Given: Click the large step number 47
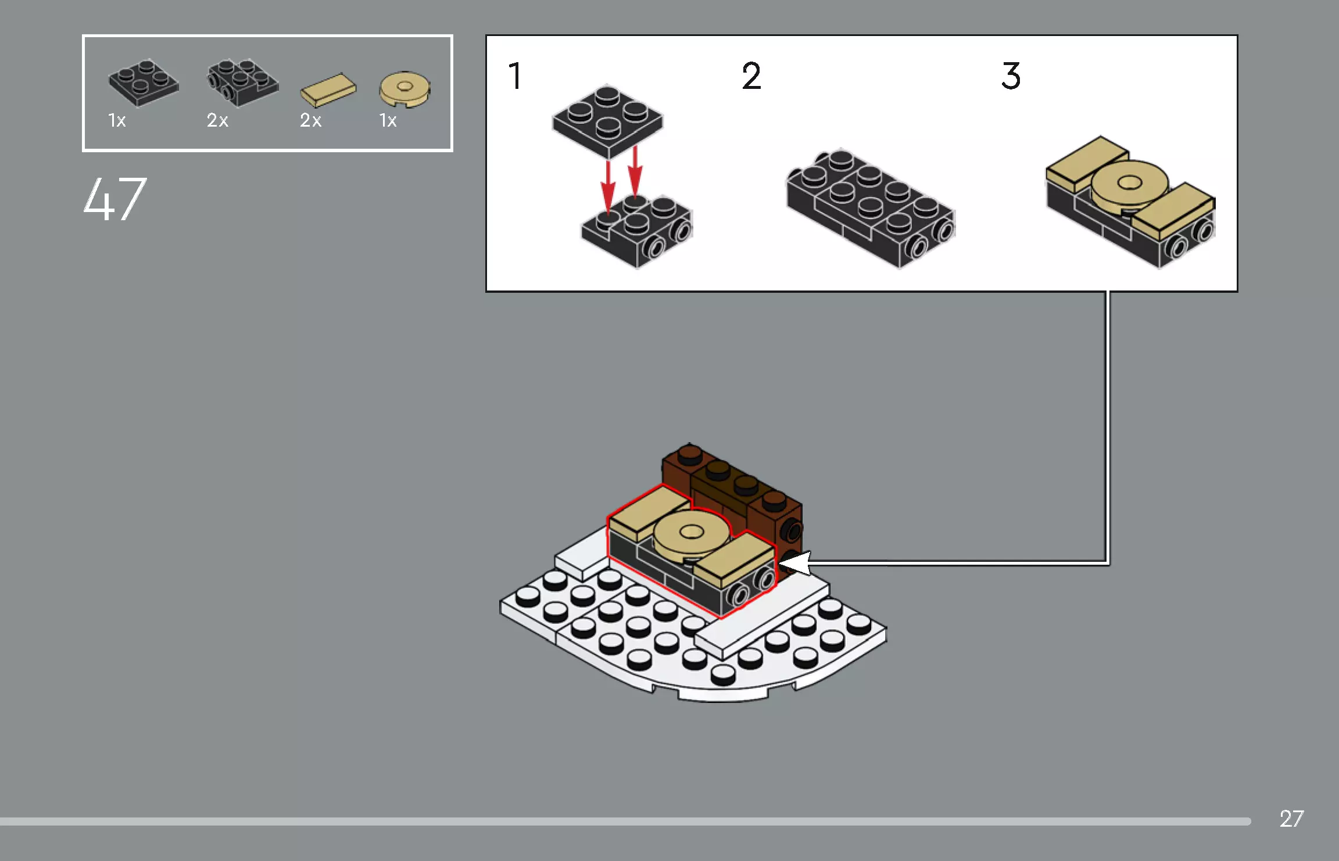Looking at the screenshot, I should pyautogui.click(x=114, y=199).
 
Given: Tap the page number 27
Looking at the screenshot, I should pyautogui.click(x=1291, y=819).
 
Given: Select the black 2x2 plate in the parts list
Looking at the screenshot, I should pyautogui.click(x=144, y=83).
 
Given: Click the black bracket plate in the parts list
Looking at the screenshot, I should pyautogui.click(x=242, y=82).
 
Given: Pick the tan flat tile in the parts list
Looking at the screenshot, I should pyautogui.click(x=328, y=90).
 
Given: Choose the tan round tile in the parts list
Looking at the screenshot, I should pyautogui.click(x=405, y=89).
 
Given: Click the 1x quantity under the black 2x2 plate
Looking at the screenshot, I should pyautogui.click(x=117, y=120).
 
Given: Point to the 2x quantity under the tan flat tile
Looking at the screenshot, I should pyautogui.click(x=310, y=120).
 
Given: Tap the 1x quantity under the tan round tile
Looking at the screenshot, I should pyautogui.click(x=388, y=120).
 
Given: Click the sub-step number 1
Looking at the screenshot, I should pyautogui.click(x=515, y=76).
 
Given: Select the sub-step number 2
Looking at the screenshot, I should pyautogui.click(x=751, y=76).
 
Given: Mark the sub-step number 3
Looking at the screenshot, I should pyautogui.click(x=1011, y=76).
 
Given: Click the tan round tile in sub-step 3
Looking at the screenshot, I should pyautogui.click(x=1129, y=185).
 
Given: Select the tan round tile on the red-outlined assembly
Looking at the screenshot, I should pyautogui.click(x=691, y=533).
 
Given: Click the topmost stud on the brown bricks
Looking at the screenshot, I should pyautogui.click(x=690, y=453).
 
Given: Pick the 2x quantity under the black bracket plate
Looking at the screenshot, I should pyautogui.click(x=217, y=120).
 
